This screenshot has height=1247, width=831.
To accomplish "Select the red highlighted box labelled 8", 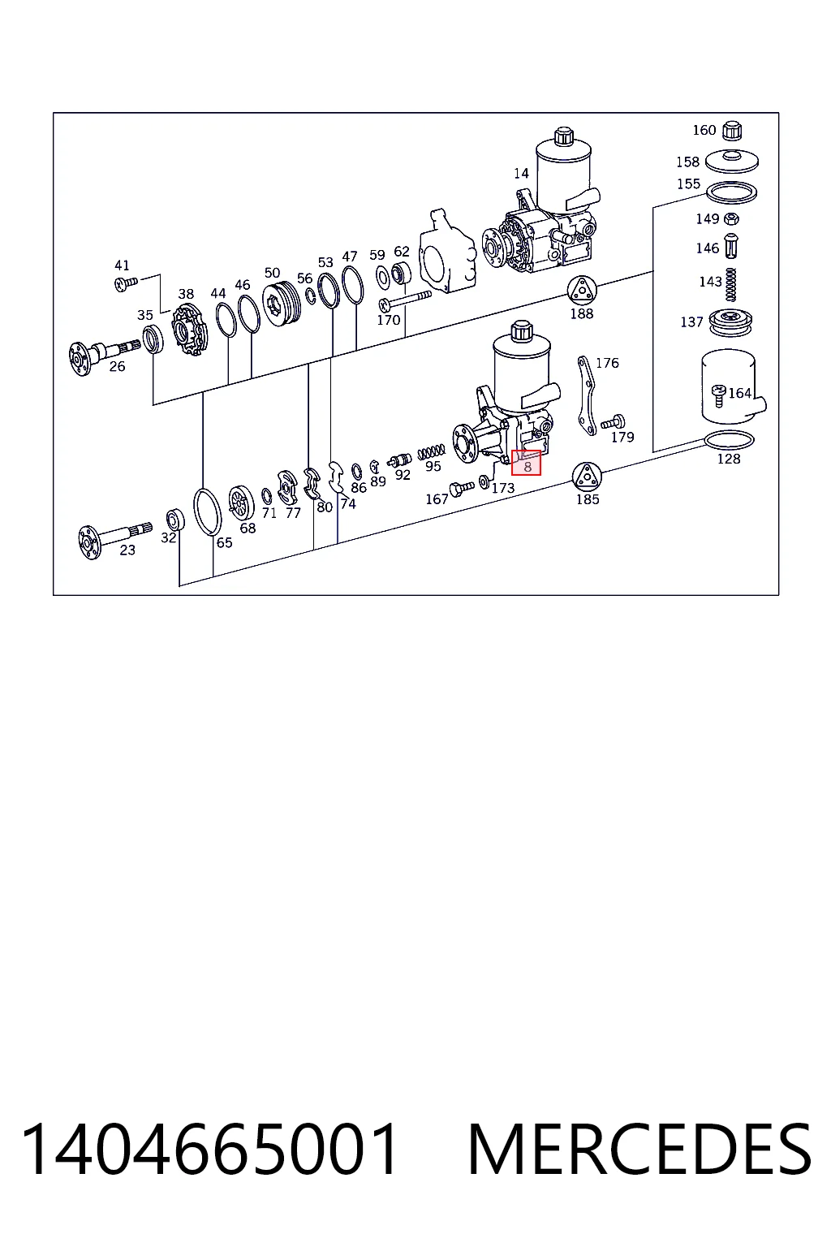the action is coord(526,463).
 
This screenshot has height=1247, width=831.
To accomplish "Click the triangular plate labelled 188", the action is coord(582,291).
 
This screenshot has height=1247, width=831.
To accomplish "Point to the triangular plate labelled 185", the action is coord(587,477).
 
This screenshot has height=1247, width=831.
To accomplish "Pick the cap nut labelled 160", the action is coord(731,130).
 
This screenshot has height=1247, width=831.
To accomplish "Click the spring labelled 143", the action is coord(730,284).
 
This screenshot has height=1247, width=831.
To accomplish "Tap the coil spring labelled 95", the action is coord(432,451).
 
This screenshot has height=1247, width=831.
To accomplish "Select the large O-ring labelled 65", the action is coord(207,511).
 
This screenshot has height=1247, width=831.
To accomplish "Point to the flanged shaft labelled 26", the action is coord(103,353).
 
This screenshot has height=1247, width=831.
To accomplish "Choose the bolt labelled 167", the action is coord(462,488).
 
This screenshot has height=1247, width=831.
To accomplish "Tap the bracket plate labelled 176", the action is coord(586,395).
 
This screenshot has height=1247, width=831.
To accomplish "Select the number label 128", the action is coord(729,459).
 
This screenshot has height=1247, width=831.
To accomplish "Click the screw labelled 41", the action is coord(126,283).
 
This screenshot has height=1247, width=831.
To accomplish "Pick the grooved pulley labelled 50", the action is coord(281,304).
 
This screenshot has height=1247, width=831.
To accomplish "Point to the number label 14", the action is coord(521,174).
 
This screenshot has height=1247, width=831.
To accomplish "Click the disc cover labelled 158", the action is coord(731,162).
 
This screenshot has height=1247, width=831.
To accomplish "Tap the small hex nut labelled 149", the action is coord(732,218).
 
